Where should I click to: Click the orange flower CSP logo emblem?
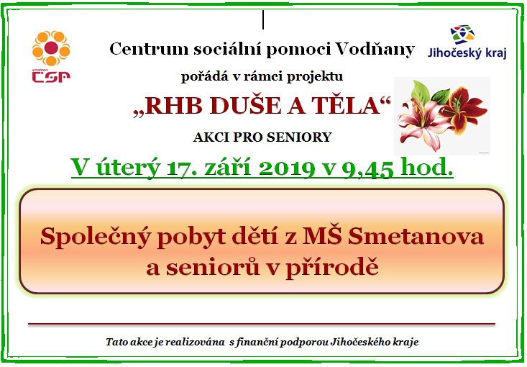coord(51,48)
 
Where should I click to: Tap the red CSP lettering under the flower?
coord(51,77)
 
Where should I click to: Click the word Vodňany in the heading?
coord(375,49)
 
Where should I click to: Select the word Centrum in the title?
coord(149,49)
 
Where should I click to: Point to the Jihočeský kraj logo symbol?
coord(463,35)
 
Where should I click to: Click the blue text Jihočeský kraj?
coord(467,53)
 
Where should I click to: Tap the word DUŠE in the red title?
coord(246,106)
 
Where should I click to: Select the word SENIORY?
coord(299,137)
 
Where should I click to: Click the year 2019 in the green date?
coord(287,168)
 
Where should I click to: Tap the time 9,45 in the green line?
coord(367,169)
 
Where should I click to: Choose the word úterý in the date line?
coord(128,167)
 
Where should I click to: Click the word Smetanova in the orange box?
coord(416,236)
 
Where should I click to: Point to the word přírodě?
coord(332,267)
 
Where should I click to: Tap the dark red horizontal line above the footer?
coord(262,325)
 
